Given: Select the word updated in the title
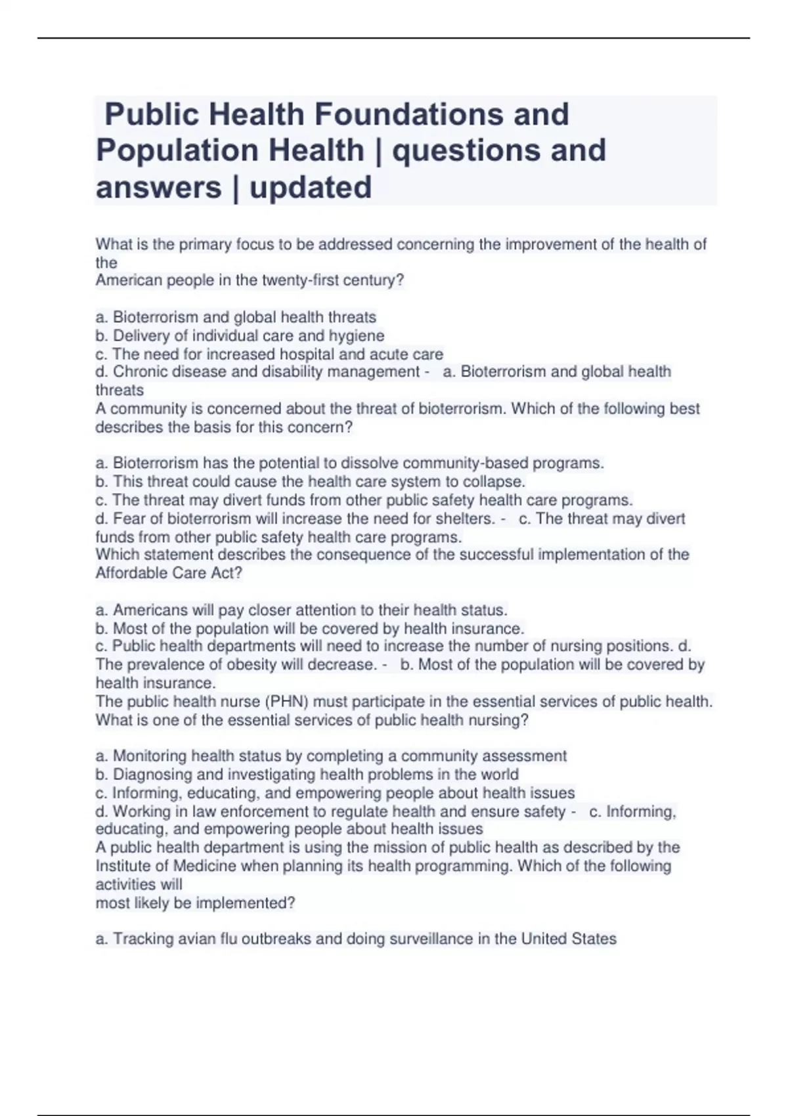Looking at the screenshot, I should tap(311, 187).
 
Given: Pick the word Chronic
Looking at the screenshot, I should tap(139, 372).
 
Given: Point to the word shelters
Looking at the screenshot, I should tap(466, 519).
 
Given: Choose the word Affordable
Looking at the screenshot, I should tap(131, 573).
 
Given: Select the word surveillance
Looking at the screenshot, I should tap(431, 939).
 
